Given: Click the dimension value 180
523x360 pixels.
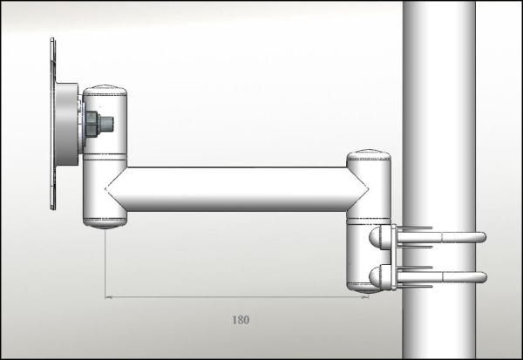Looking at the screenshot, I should coord(241,320).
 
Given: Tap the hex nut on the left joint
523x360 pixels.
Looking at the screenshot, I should coord(94,123).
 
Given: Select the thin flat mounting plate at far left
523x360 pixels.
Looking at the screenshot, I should coord(51,122).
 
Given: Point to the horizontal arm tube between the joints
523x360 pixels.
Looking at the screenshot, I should coord(235,188).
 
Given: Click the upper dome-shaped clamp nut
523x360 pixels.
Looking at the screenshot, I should coord(380,237).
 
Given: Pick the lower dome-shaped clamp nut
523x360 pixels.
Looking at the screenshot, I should coord(380,277).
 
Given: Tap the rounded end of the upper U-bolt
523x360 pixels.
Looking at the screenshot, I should coord(480,237).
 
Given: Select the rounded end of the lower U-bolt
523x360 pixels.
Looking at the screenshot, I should coord(480,277).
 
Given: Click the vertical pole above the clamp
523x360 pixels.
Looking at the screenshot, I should coord(438,105).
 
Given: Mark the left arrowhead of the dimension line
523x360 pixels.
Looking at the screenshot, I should coord(110,296).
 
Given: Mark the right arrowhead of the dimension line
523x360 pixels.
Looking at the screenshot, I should coord(363,296).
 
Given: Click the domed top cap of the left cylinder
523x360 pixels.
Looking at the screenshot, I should coord(105,86).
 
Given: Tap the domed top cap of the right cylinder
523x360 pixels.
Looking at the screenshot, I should coord(369,156).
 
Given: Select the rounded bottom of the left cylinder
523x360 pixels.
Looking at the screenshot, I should coord(105,224).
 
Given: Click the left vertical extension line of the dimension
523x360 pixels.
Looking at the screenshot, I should coord(105,262).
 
